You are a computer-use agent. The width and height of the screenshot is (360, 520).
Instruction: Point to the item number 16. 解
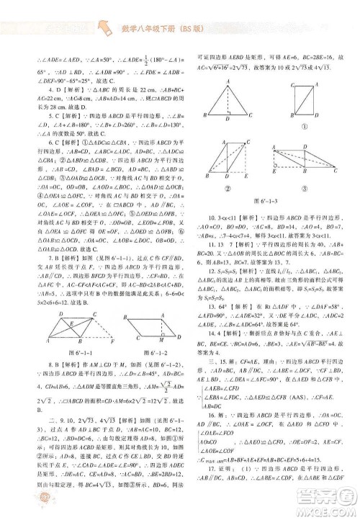pos(215,436)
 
